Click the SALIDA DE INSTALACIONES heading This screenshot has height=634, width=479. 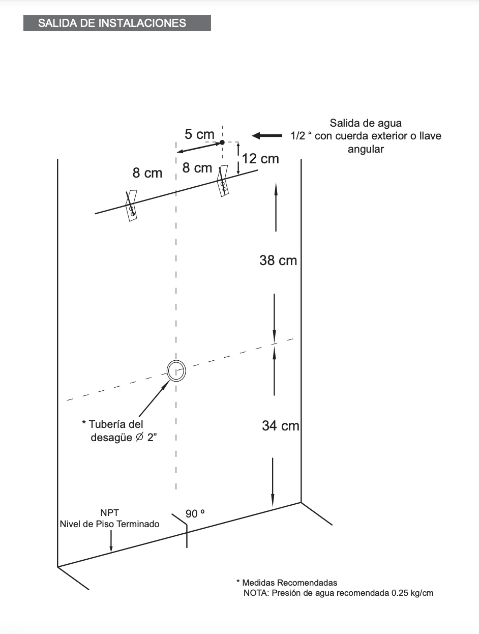[112, 23]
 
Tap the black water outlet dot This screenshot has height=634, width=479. [222, 142]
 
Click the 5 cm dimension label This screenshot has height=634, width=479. [199, 134]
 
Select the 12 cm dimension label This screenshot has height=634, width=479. [260, 159]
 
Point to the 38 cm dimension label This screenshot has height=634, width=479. [278, 261]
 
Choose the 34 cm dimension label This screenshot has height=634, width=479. [281, 426]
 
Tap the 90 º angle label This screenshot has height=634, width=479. [195, 514]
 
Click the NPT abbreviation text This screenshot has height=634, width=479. [110, 513]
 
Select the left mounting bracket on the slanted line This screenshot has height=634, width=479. [131, 206]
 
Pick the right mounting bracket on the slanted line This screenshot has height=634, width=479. [223, 181]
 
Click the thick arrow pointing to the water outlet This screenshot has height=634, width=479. [267, 135]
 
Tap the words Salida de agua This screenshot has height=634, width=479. [366, 123]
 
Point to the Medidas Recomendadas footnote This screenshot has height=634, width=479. [287, 583]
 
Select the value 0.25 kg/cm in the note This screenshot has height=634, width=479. [412, 593]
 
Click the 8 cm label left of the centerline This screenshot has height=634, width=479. [147, 173]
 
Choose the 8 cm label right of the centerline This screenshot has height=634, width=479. [197, 168]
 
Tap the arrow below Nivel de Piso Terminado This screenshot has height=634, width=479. [111, 541]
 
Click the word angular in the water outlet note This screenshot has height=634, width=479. [366, 149]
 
